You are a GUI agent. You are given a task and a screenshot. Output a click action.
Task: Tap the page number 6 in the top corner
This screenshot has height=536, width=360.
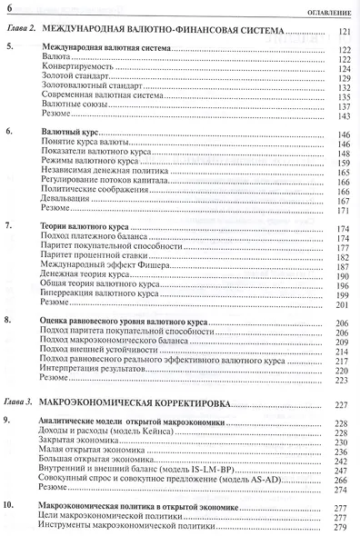(10, 10)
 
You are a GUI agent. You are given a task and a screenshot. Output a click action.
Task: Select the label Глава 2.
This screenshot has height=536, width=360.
(20, 32)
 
